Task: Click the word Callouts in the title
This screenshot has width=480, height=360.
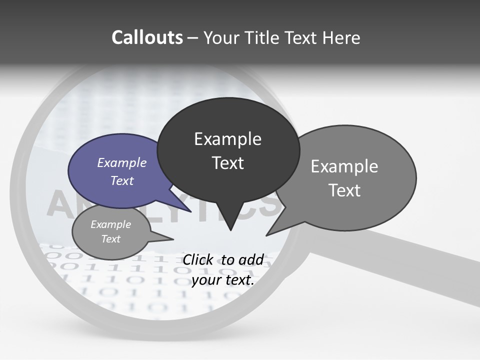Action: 147,37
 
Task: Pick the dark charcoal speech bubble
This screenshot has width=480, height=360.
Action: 228,150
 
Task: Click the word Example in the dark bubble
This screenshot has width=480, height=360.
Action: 227,139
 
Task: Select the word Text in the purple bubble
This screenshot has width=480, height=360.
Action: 121,180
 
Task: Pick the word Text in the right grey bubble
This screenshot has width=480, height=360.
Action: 345,190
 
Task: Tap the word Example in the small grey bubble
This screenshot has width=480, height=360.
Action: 110,224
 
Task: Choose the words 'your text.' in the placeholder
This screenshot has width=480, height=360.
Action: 223,280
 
